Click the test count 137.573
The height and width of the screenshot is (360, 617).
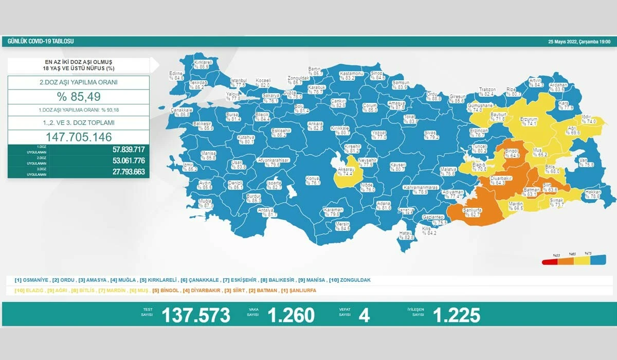pos(196,315)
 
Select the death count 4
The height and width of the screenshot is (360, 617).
pos(364,315)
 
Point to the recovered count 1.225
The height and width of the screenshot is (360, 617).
pos(457,315)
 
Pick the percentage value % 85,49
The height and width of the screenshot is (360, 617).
pos(79,97)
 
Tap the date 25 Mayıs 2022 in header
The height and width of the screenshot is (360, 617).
pos(578,41)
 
